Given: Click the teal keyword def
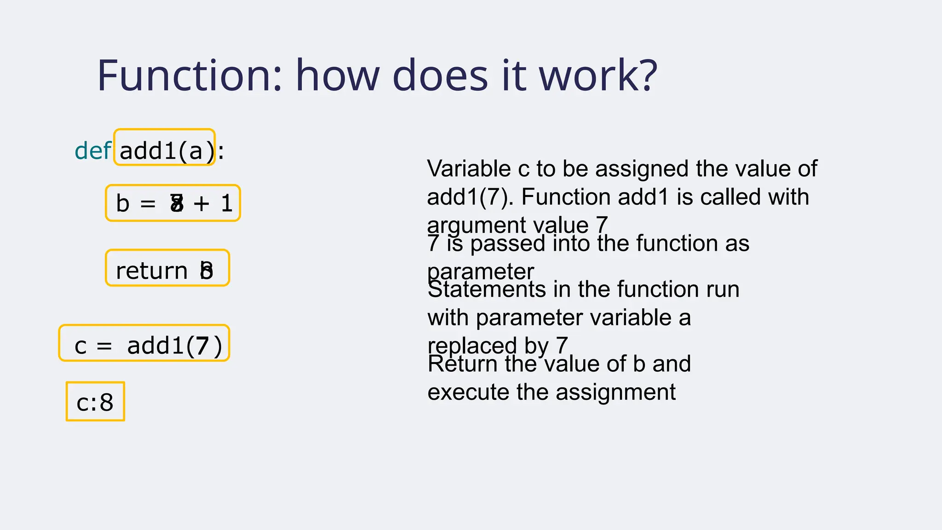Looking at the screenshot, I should (x=92, y=150).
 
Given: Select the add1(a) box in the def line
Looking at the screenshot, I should (x=165, y=148).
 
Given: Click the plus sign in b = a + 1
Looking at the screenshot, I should (x=201, y=203).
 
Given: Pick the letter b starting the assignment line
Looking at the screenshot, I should (x=122, y=203).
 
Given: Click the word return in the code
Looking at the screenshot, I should (x=151, y=271).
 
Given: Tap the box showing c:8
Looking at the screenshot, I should (x=95, y=402).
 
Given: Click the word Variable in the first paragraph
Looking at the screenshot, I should (x=469, y=169).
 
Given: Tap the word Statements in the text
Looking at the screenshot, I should (x=487, y=289).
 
